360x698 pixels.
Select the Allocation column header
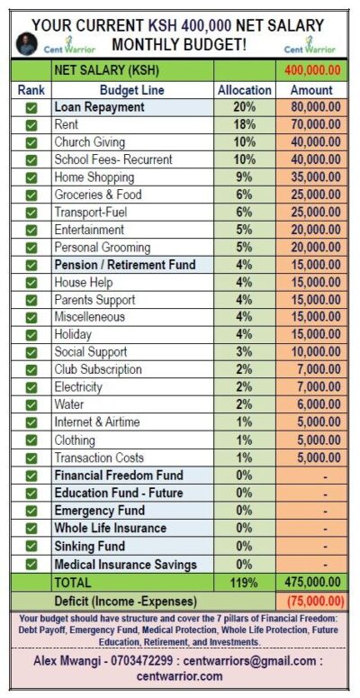244,90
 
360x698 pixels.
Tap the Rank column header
31,90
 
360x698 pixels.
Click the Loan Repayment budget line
99,107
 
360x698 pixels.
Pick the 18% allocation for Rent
244,124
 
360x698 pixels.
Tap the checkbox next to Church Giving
31,142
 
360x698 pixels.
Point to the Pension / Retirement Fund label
124,265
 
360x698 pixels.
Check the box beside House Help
31,283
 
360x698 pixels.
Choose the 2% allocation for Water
244,405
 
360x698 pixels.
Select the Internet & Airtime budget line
103,422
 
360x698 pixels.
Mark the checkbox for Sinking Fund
31,547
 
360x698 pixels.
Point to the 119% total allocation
244,583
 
